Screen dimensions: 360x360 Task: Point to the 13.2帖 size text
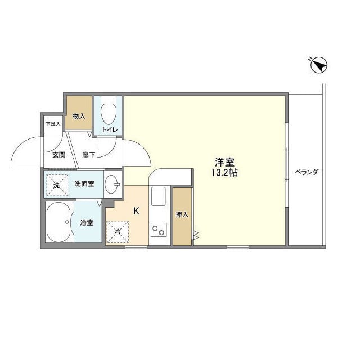224,173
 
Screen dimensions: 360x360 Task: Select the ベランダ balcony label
307,172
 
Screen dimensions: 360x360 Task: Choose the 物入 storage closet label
79,116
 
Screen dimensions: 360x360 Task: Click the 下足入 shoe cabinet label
53,124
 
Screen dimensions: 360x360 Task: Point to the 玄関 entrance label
59,154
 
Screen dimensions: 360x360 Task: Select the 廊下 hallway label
88,154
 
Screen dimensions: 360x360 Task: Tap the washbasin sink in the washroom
113,183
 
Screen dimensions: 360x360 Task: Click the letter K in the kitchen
136,211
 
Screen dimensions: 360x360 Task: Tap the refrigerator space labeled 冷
118,231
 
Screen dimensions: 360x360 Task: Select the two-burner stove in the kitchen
157,230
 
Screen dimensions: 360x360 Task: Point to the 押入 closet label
181,214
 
